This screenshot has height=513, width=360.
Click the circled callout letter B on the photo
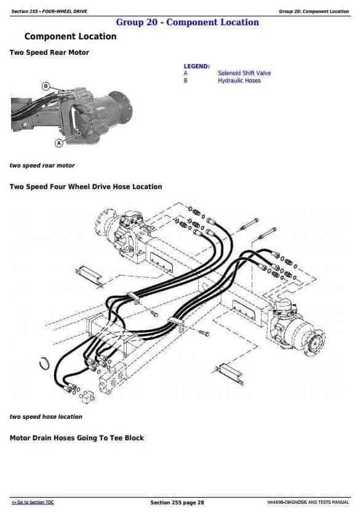click(x=46, y=86)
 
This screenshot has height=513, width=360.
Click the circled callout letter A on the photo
click(x=59, y=143)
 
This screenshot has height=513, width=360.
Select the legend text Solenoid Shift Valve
click(x=244, y=73)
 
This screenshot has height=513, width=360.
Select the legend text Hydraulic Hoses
click(x=239, y=81)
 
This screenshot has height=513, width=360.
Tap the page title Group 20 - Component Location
click(x=187, y=22)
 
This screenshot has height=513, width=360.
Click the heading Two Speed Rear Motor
click(x=49, y=52)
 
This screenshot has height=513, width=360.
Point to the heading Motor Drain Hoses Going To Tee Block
click(x=77, y=438)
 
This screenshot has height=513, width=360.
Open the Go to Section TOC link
click(x=33, y=502)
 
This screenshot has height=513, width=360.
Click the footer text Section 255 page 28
click(x=177, y=502)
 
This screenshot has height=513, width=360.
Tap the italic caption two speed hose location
click(x=46, y=417)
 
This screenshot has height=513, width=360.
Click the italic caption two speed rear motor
click(x=42, y=166)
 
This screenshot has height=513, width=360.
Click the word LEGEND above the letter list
click(x=196, y=67)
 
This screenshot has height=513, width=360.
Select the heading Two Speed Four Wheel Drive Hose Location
click(x=86, y=187)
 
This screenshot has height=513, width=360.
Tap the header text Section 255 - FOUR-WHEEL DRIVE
click(x=49, y=12)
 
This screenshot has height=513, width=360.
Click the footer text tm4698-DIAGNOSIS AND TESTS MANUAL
click(x=308, y=502)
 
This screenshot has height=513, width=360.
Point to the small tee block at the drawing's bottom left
click(x=87, y=396)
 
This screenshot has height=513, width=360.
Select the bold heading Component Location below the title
click(x=70, y=36)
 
